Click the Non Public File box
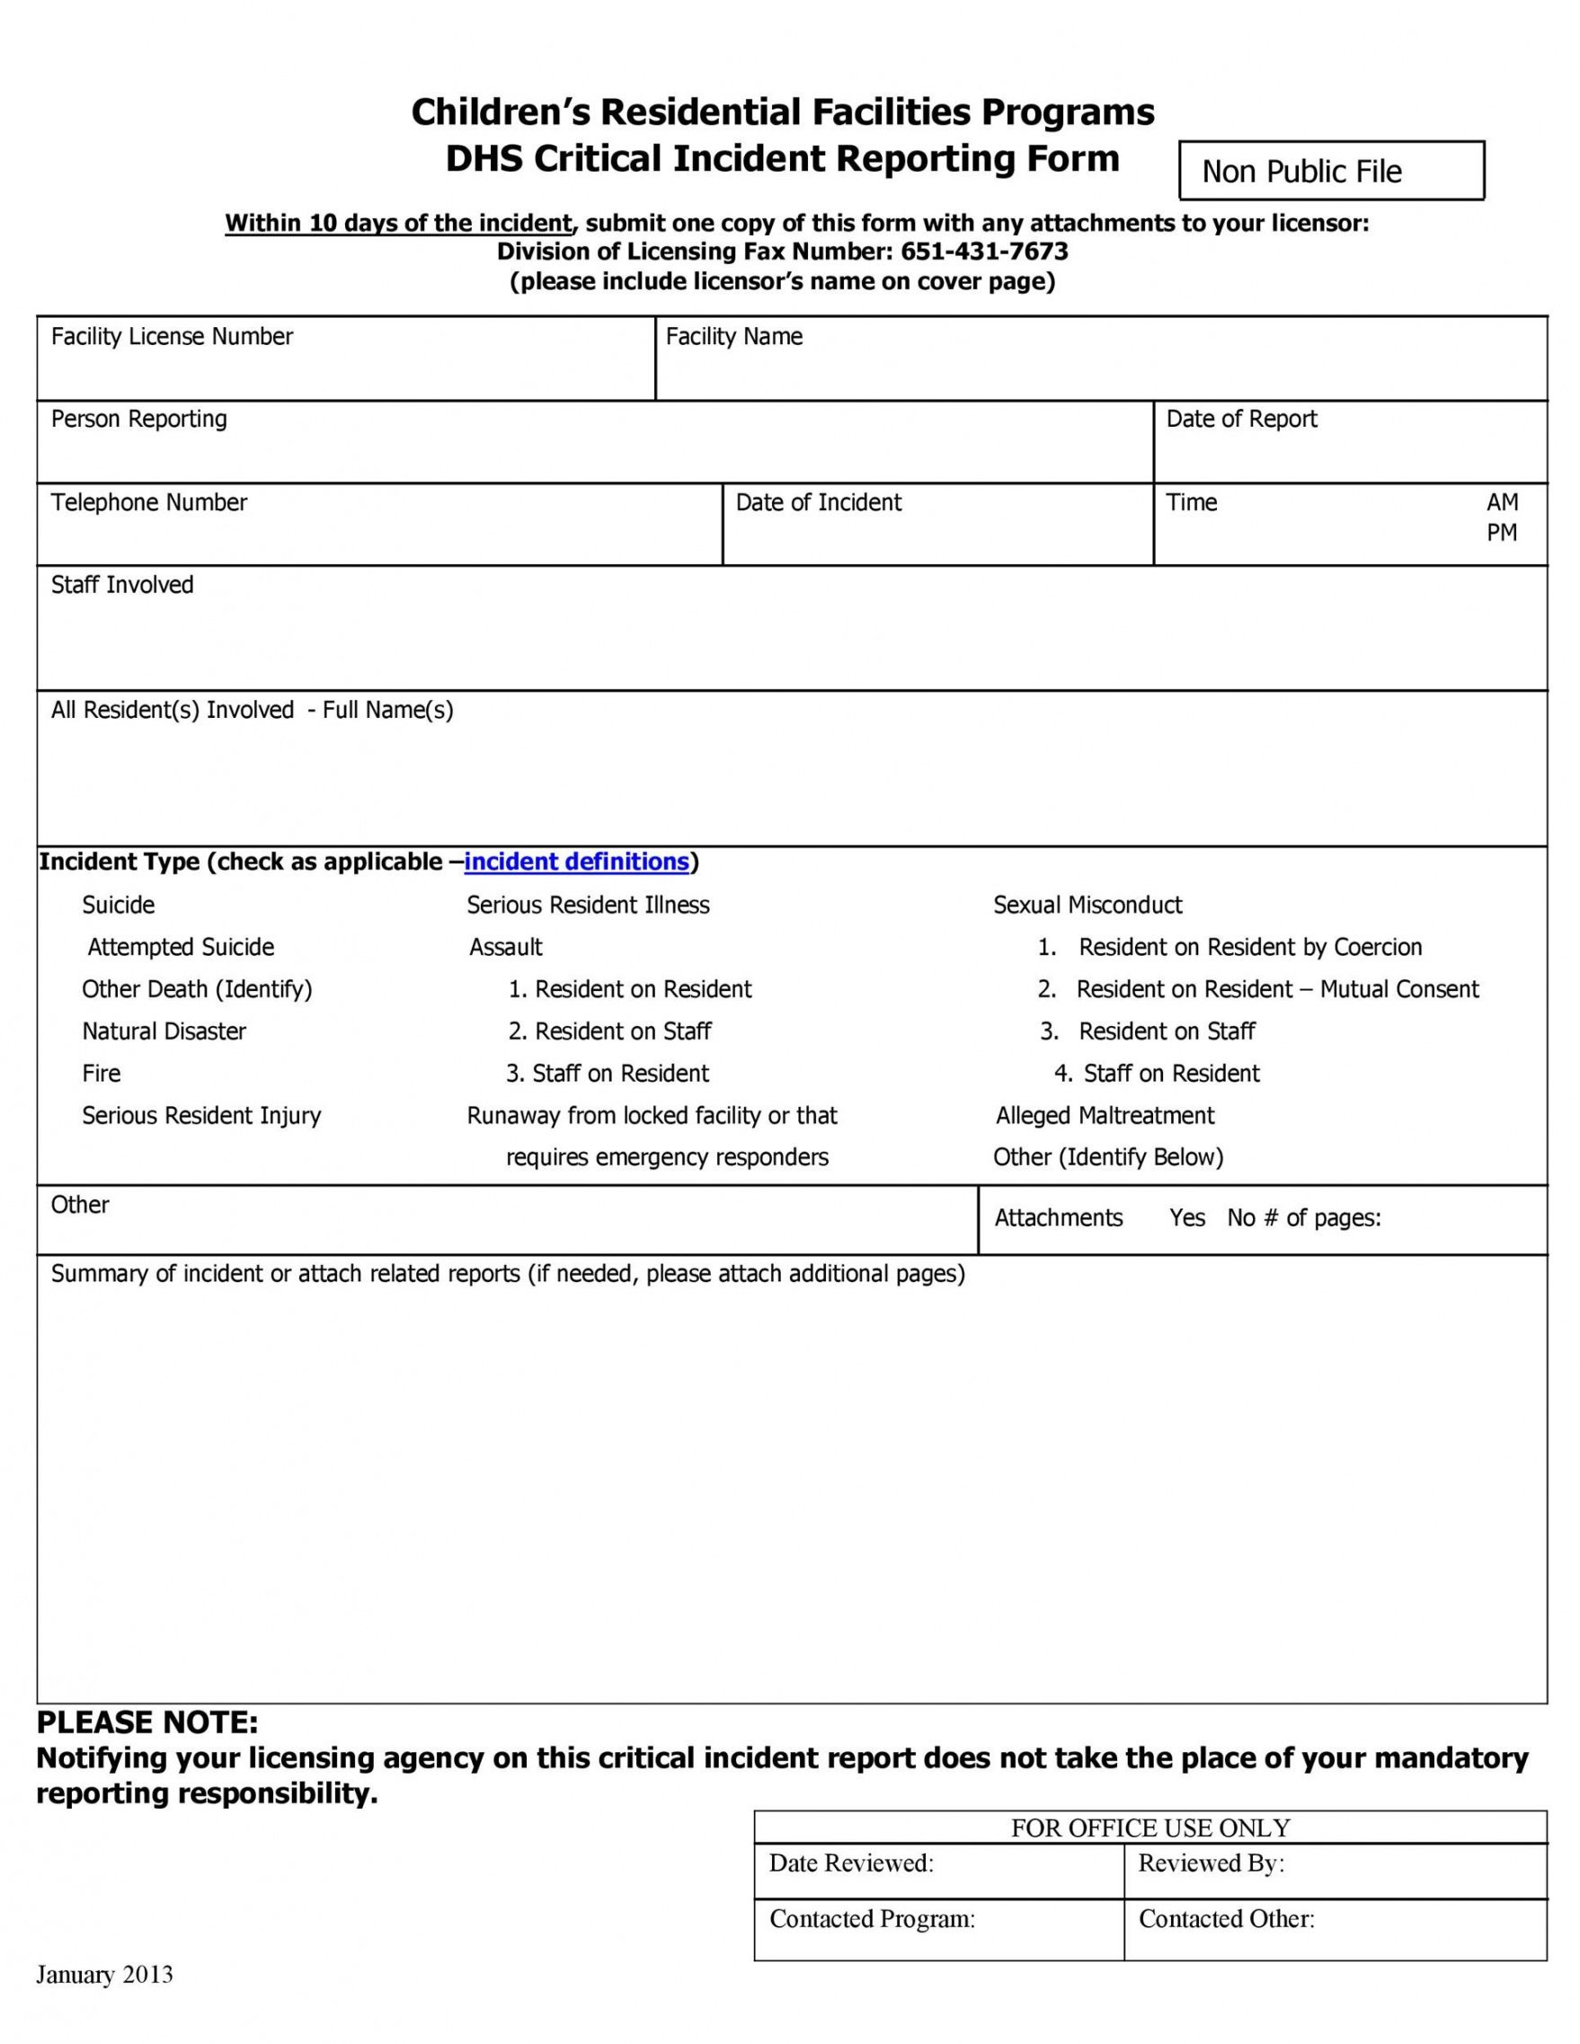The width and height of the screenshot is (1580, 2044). click(1330, 172)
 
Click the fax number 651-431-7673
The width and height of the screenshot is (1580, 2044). click(984, 252)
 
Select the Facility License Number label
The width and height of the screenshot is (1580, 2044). click(172, 337)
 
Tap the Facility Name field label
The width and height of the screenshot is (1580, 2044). click(734, 337)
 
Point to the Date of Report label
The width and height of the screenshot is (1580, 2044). click(1240, 420)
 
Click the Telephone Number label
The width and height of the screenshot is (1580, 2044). click(149, 502)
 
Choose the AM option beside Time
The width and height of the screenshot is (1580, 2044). click(1502, 502)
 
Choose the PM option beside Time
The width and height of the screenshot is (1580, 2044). click(1502, 533)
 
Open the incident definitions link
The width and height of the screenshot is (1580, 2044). click(577, 862)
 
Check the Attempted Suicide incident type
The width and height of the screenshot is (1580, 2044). click(181, 947)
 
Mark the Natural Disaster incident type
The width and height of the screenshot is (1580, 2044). click(164, 1031)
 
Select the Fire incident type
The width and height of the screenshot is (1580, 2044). click(101, 1074)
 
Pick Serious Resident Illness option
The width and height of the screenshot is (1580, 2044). click(588, 905)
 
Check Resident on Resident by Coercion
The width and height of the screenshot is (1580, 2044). click(1249, 947)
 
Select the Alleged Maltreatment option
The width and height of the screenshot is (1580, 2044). click(1105, 1116)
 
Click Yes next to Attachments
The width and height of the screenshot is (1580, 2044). click(1187, 1217)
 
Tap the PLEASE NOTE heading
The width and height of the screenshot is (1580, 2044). click(147, 1723)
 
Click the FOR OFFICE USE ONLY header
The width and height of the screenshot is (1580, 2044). click(1149, 1827)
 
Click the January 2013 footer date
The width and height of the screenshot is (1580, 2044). click(105, 1975)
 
